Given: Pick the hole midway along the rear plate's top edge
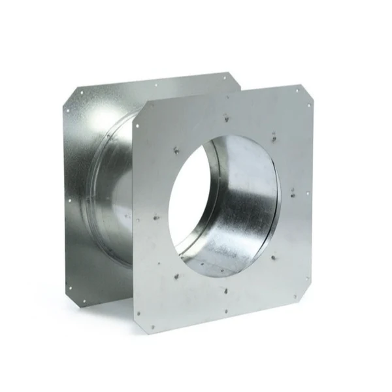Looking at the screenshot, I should point(156,85).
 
